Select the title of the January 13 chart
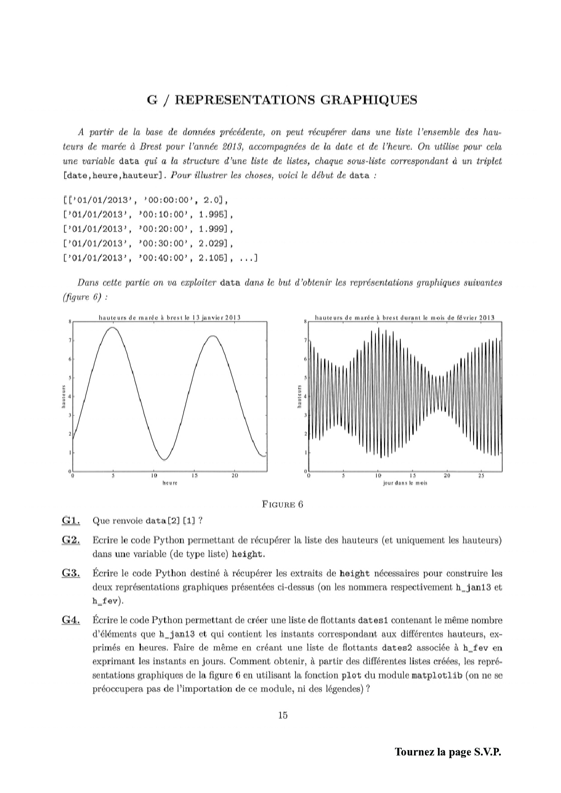point(170,317)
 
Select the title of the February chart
point(404,317)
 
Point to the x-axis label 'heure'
point(170,483)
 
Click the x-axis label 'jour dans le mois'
point(405,483)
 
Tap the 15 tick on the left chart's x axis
point(194,476)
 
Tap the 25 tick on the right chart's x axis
point(481,476)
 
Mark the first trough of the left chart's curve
point(165,460)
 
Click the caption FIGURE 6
point(282,505)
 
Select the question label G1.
point(71,520)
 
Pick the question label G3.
point(71,573)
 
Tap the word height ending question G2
point(247,554)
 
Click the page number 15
point(283,715)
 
